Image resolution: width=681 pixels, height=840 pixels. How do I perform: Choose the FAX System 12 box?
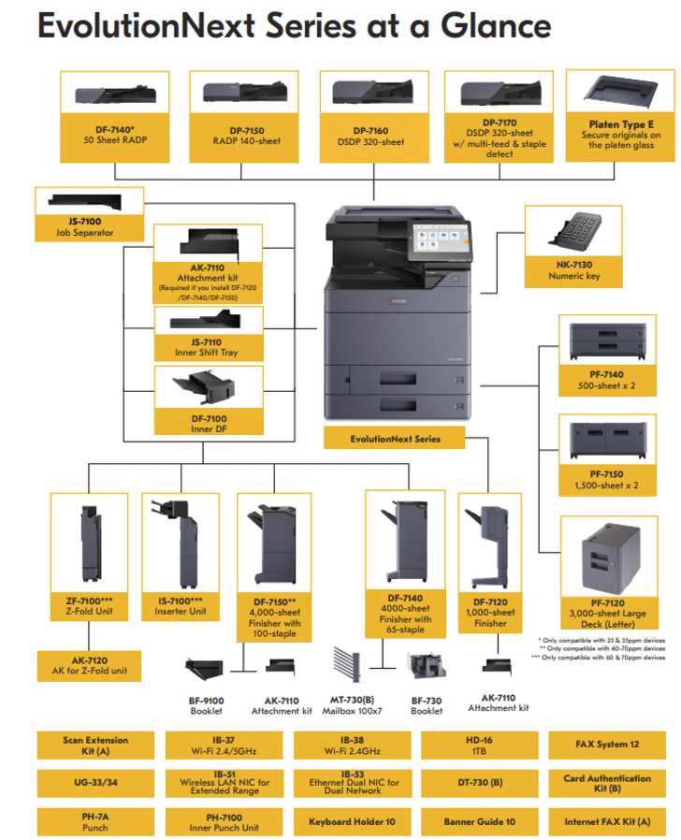pyautogui.click(x=607, y=745)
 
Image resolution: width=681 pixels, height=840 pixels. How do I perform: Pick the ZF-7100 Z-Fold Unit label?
pyautogui.click(x=89, y=606)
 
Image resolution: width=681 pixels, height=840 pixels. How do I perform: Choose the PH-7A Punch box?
pyautogui.click(x=95, y=821)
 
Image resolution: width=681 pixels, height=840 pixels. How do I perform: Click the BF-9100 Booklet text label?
pyautogui.click(x=207, y=704)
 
